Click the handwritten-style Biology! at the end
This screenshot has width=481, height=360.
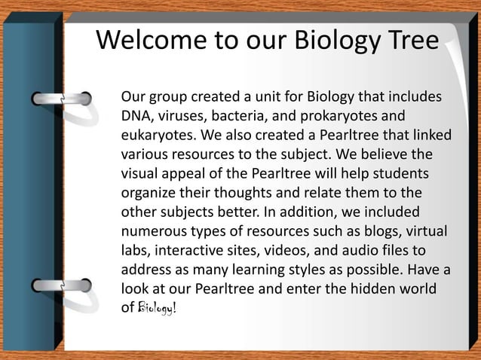coord(157,309)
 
